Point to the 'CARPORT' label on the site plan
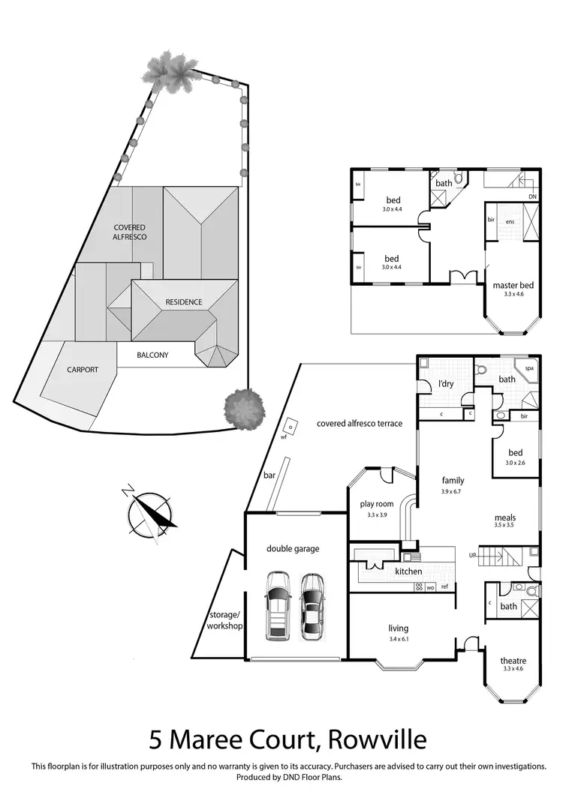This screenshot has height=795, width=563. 83,370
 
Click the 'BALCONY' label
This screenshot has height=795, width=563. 153,355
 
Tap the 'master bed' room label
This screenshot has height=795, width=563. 513,285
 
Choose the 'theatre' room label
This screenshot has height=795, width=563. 513,661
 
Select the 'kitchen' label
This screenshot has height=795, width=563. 408,571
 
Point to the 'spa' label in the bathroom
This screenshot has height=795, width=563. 529,368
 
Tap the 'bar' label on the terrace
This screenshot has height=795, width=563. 268,475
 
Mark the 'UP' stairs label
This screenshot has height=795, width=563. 472,556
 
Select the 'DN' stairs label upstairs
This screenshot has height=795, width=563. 531,197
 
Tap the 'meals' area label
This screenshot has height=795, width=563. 505,517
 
